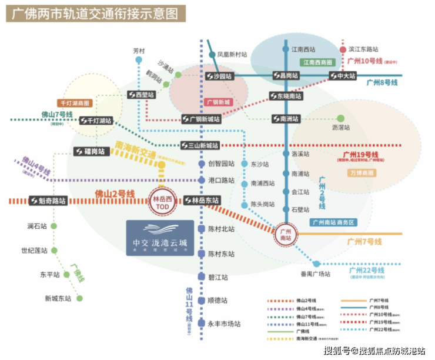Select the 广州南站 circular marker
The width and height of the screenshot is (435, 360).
click(x=286, y=234)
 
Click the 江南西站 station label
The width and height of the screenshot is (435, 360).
click(x=303, y=49)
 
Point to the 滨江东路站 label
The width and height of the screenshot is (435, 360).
click(x=363, y=49)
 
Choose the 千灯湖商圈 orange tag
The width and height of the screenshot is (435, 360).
click(x=75, y=103)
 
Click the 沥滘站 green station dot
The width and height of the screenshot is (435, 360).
click(x=340, y=118)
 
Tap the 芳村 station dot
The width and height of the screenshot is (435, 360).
click(x=139, y=60)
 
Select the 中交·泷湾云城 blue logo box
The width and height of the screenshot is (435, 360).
click(x=160, y=238)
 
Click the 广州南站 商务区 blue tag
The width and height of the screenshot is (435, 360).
click(x=333, y=222)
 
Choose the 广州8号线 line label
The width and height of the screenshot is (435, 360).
click(x=382, y=83)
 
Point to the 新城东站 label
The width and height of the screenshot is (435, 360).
click(x=58, y=298)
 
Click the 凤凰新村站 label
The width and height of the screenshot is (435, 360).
click(x=232, y=55)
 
